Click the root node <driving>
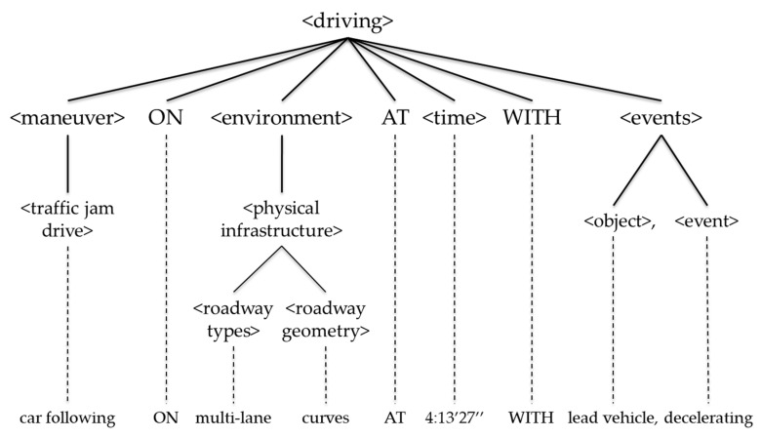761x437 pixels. click(351, 20)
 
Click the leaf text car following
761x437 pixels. click(67, 418)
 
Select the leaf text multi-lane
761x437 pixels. click(232, 418)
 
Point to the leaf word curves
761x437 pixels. click(325, 418)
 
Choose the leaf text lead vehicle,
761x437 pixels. click(616, 418)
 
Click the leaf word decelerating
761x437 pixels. click(707, 418)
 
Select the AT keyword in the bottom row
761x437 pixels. click(394, 418)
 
